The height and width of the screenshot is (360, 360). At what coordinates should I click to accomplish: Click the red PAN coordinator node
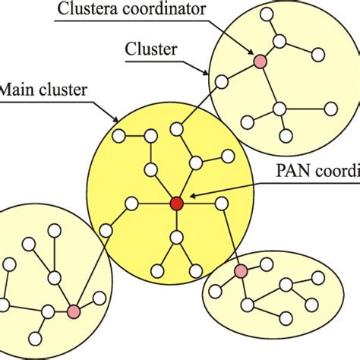[177, 203]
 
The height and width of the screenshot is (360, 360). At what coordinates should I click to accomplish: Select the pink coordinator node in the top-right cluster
[260, 60]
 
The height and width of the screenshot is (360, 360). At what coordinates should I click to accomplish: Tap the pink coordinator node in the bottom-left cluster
[74, 311]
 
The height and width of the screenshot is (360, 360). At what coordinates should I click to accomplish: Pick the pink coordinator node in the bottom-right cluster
[241, 271]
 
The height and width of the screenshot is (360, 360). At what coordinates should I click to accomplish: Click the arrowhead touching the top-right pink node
[253, 53]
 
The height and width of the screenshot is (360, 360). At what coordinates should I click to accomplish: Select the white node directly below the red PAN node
[177, 238]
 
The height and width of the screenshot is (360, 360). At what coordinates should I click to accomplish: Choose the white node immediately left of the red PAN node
[132, 203]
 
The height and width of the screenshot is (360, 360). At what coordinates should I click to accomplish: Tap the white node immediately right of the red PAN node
[221, 203]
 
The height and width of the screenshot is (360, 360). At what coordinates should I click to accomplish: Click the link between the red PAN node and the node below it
[177, 220]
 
